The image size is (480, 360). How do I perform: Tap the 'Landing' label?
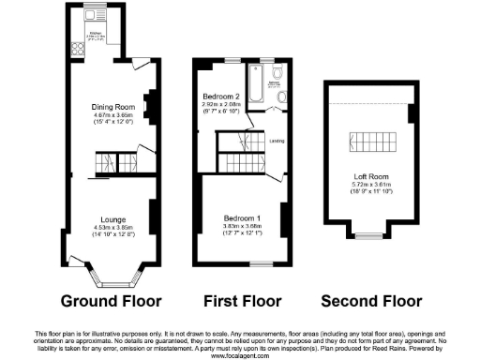277,142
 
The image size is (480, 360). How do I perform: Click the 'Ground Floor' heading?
111,302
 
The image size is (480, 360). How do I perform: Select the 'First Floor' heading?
243,302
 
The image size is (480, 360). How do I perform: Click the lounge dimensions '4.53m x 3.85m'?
111,228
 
